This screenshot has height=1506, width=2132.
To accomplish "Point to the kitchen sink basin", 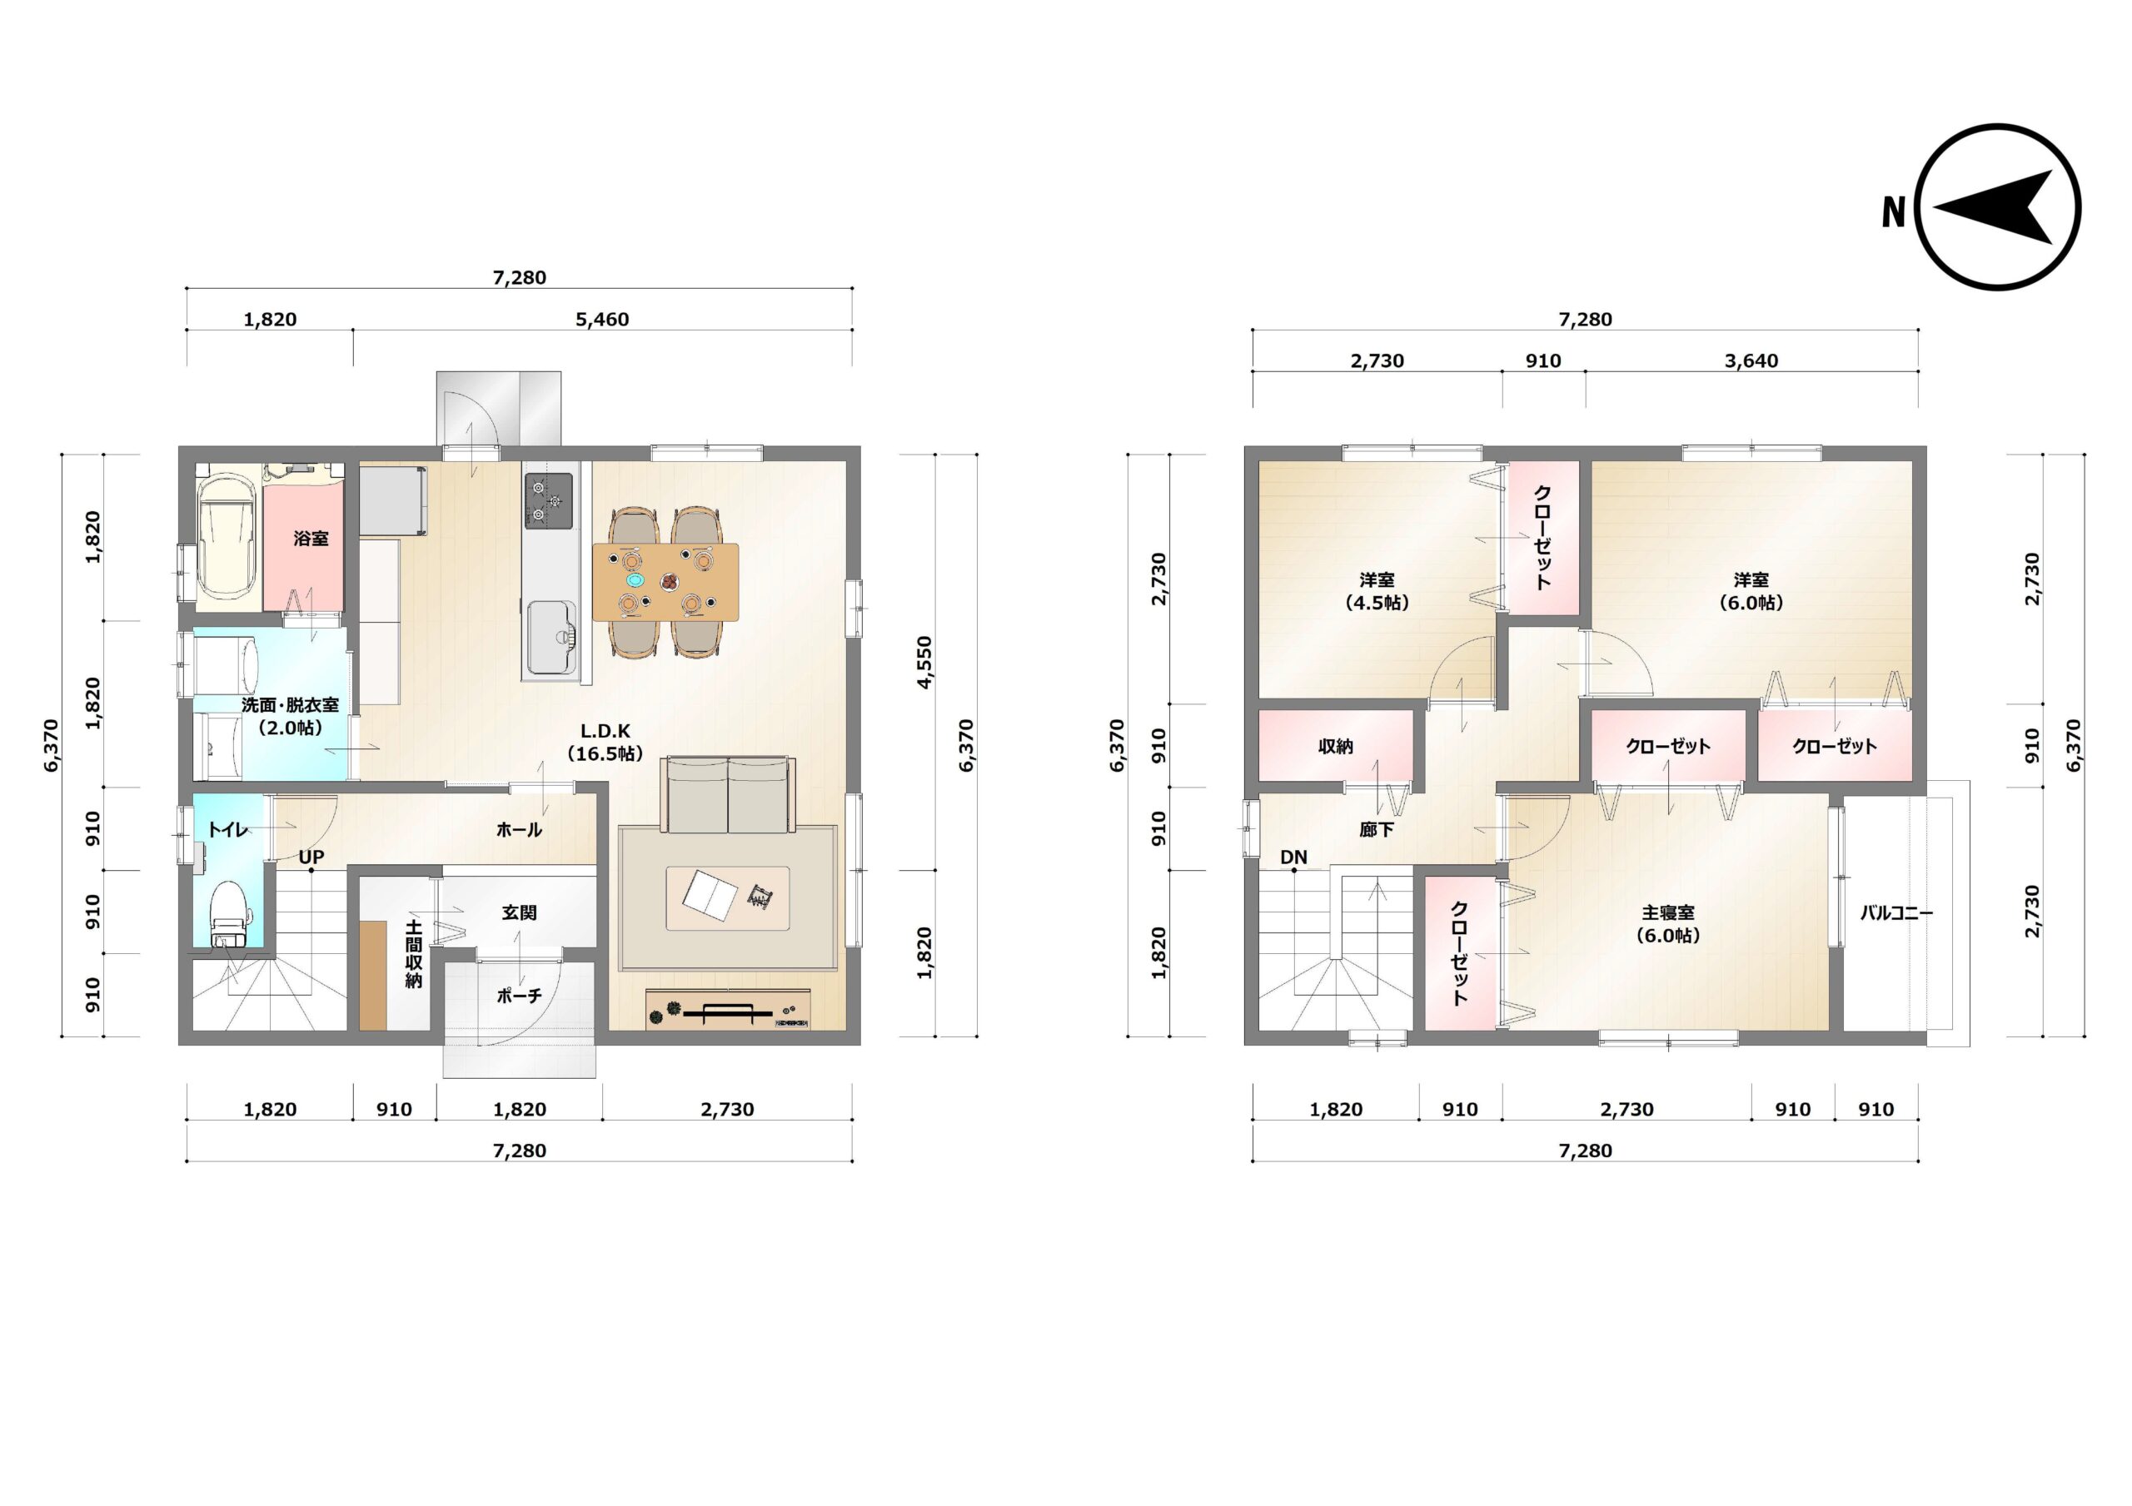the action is click(x=550, y=638).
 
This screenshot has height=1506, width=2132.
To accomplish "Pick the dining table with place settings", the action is click(x=665, y=582).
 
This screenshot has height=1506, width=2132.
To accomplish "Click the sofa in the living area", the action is click(x=728, y=796).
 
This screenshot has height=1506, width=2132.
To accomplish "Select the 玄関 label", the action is click(x=519, y=912).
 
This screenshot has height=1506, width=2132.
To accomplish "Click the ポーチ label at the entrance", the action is click(x=519, y=997).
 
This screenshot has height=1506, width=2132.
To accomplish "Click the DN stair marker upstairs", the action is click(x=1293, y=857).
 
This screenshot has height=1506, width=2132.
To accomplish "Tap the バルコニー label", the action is click(x=1896, y=913).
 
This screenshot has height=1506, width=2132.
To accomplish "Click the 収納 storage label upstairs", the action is click(x=1335, y=747).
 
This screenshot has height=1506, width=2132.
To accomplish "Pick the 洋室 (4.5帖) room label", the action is click(x=1377, y=591).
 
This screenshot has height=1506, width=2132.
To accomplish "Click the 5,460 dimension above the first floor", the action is click(x=602, y=320).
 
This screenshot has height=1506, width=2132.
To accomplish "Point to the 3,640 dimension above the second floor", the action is click(x=1751, y=361).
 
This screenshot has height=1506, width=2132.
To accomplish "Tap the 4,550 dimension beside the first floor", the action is click(x=924, y=662).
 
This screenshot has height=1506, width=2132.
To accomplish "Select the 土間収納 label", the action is click(x=414, y=953).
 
